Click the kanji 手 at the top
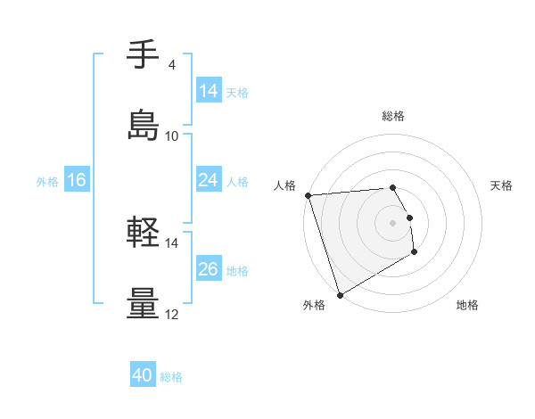pos(143,56)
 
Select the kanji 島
pos(143,127)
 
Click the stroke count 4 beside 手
pos(171,65)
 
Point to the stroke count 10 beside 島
pos(172,136)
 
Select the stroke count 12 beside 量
pos(172,314)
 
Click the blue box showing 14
pos(209,91)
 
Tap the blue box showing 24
pos(209,180)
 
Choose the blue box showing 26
pos(209,269)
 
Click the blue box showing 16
pos(77,180)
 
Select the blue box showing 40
pos(143,375)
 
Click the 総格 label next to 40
pos(171,377)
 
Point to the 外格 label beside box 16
pos(47,181)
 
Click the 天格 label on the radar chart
pos(502,185)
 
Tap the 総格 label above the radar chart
pos(393,116)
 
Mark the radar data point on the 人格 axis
pos(309,195)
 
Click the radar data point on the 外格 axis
pos(340,294)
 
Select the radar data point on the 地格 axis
pos(416,253)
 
